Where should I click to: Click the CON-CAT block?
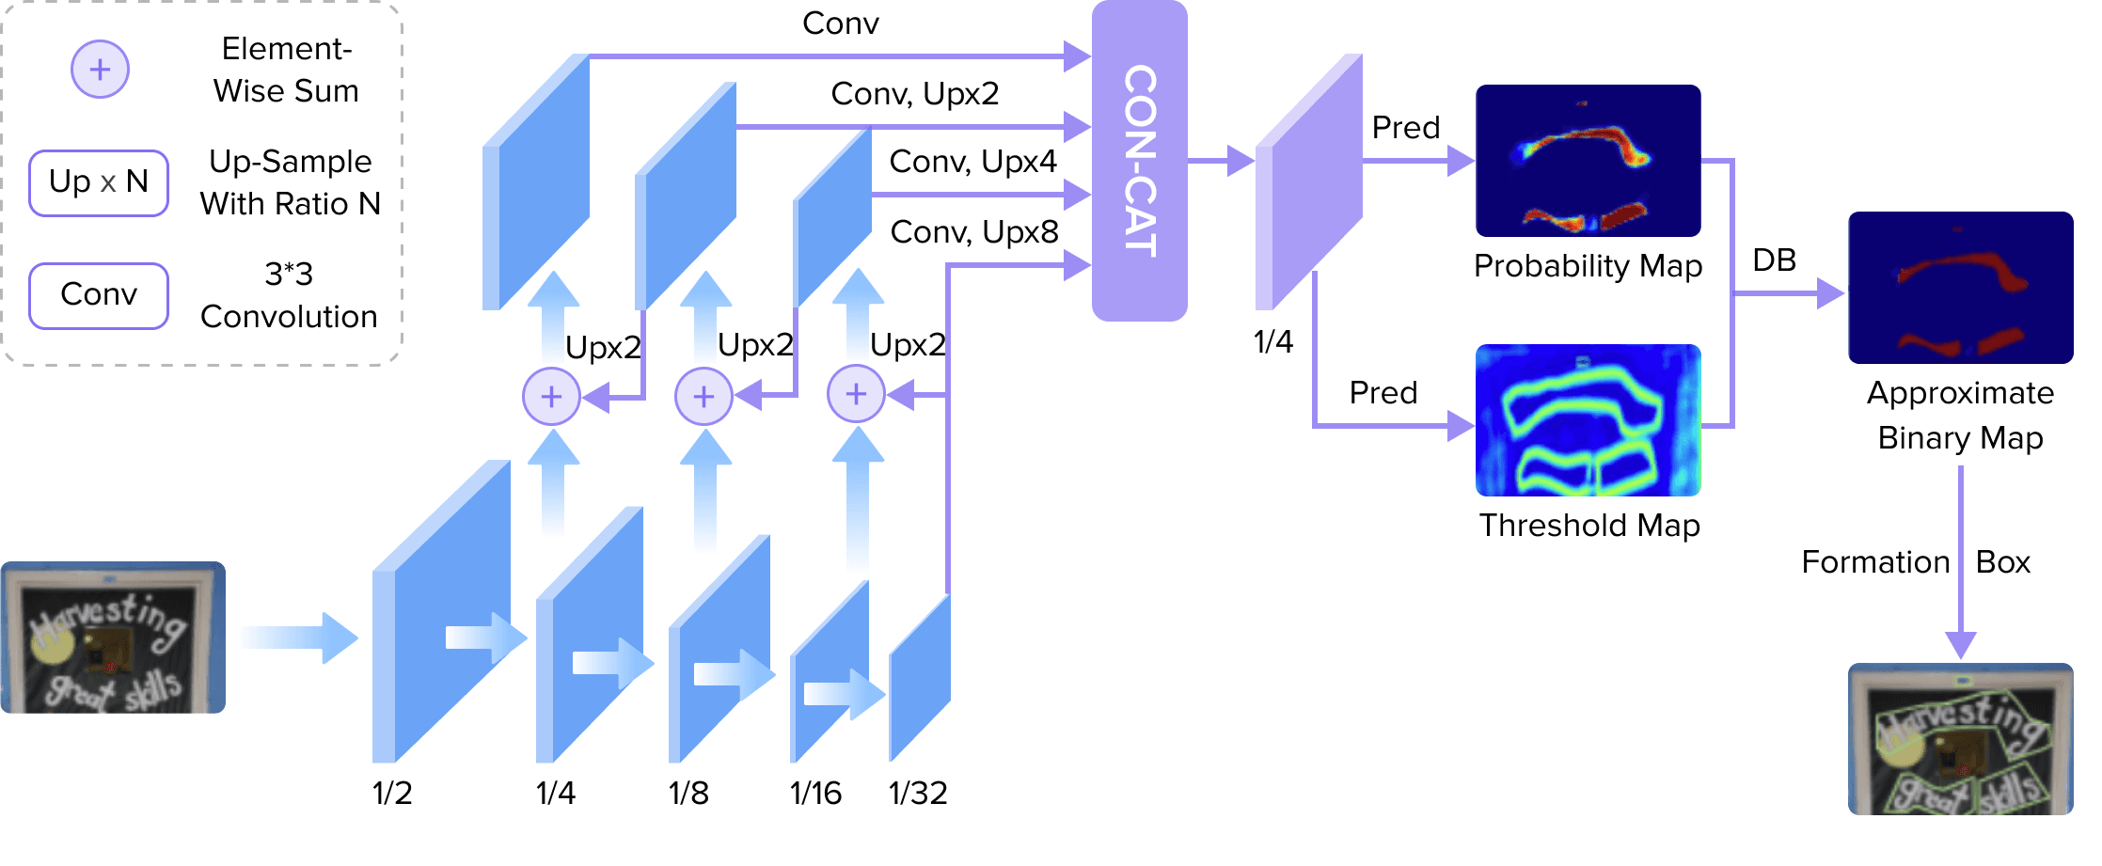(x=1139, y=161)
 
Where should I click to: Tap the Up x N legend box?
(x=99, y=182)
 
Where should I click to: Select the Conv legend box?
(x=99, y=295)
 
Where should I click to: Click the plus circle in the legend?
(x=100, y=70)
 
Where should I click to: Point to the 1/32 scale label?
(x=918, y=793)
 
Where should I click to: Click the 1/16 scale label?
(x=815, y=793)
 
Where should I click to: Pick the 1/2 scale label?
(x=392, y=793)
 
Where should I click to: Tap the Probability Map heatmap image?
(x=1588, y=161)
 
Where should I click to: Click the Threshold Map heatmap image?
(x=1588, y=419)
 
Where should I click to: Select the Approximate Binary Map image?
(x=1960, y=288)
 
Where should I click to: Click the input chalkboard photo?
(x=113, y=638)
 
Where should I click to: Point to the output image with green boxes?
(x=1960, y=739)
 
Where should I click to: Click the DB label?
(x=1774, y=260)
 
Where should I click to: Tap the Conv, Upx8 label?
(x=974, y=231)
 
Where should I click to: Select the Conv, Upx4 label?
(x=972, y=162)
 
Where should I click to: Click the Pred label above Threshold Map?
(x=1383, y=393)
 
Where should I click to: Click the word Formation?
(x=1874, y=562)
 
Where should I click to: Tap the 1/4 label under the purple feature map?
(x=1272, y=341)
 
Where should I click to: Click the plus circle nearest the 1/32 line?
(x=855, y=394)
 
